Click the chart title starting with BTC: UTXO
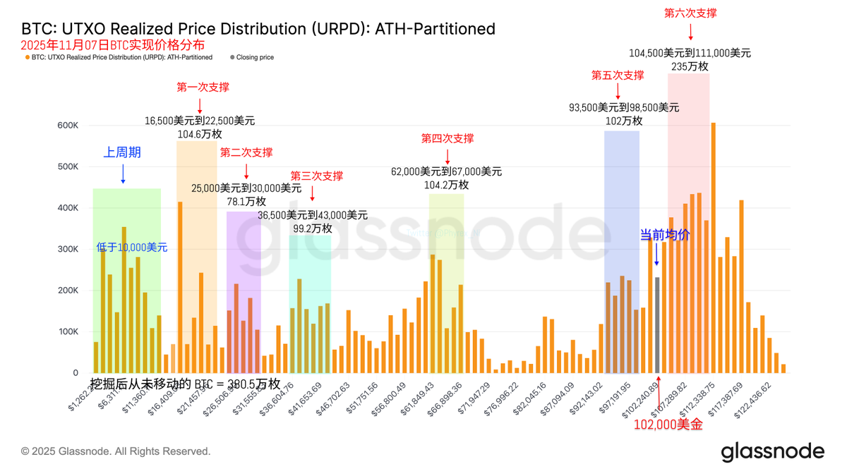tap(258, 29)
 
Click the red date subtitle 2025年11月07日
tap(113, 45)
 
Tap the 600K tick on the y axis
tap(68, 126)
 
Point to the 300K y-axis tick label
tap(68, 249)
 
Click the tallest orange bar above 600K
tap(714, 247)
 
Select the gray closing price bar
tap(657, 325)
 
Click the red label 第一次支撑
tap(203, 87)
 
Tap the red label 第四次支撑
tap(447, 138)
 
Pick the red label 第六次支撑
tap(690, 13)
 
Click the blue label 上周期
tap(122, 152)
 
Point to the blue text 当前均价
tap(664, 235)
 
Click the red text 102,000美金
tap(668, 425)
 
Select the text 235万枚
tap(690, 66)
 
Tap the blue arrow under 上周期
tap(123, 173)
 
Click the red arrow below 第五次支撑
tap(618, 91)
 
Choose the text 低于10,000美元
tap(132, 248)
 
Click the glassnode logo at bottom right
tap(772, 451)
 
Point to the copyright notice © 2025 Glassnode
tap(116, 451)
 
